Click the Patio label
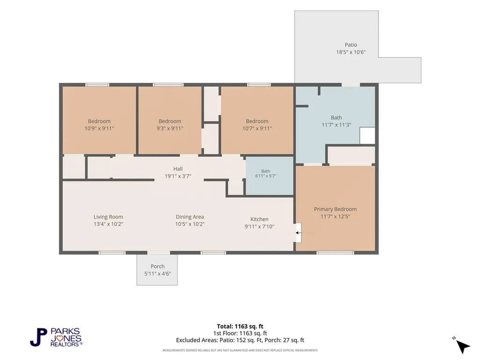[x=351, y=44]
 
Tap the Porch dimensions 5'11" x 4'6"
[x=158, y=274]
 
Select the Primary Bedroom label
[x=335, y=209]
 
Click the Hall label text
[x=178, y=169]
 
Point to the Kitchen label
[x=259, y=219]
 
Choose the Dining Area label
[x=190, y=217]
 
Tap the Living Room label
[x=108, y=217]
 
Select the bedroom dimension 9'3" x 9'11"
[x=170, y=129]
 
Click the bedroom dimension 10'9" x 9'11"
[x=99, y=129]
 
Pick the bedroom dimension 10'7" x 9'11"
[x=257, y=129]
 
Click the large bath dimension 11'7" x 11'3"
[x=336, y=125]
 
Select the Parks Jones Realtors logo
[x=56, y=338]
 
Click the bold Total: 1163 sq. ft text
[x=240, y=326]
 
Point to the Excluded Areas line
[x=240, y=340]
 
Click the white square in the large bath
[x=367, y=135]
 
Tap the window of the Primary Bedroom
[x=335, y=253]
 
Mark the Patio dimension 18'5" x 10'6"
[x=351, y=52]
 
